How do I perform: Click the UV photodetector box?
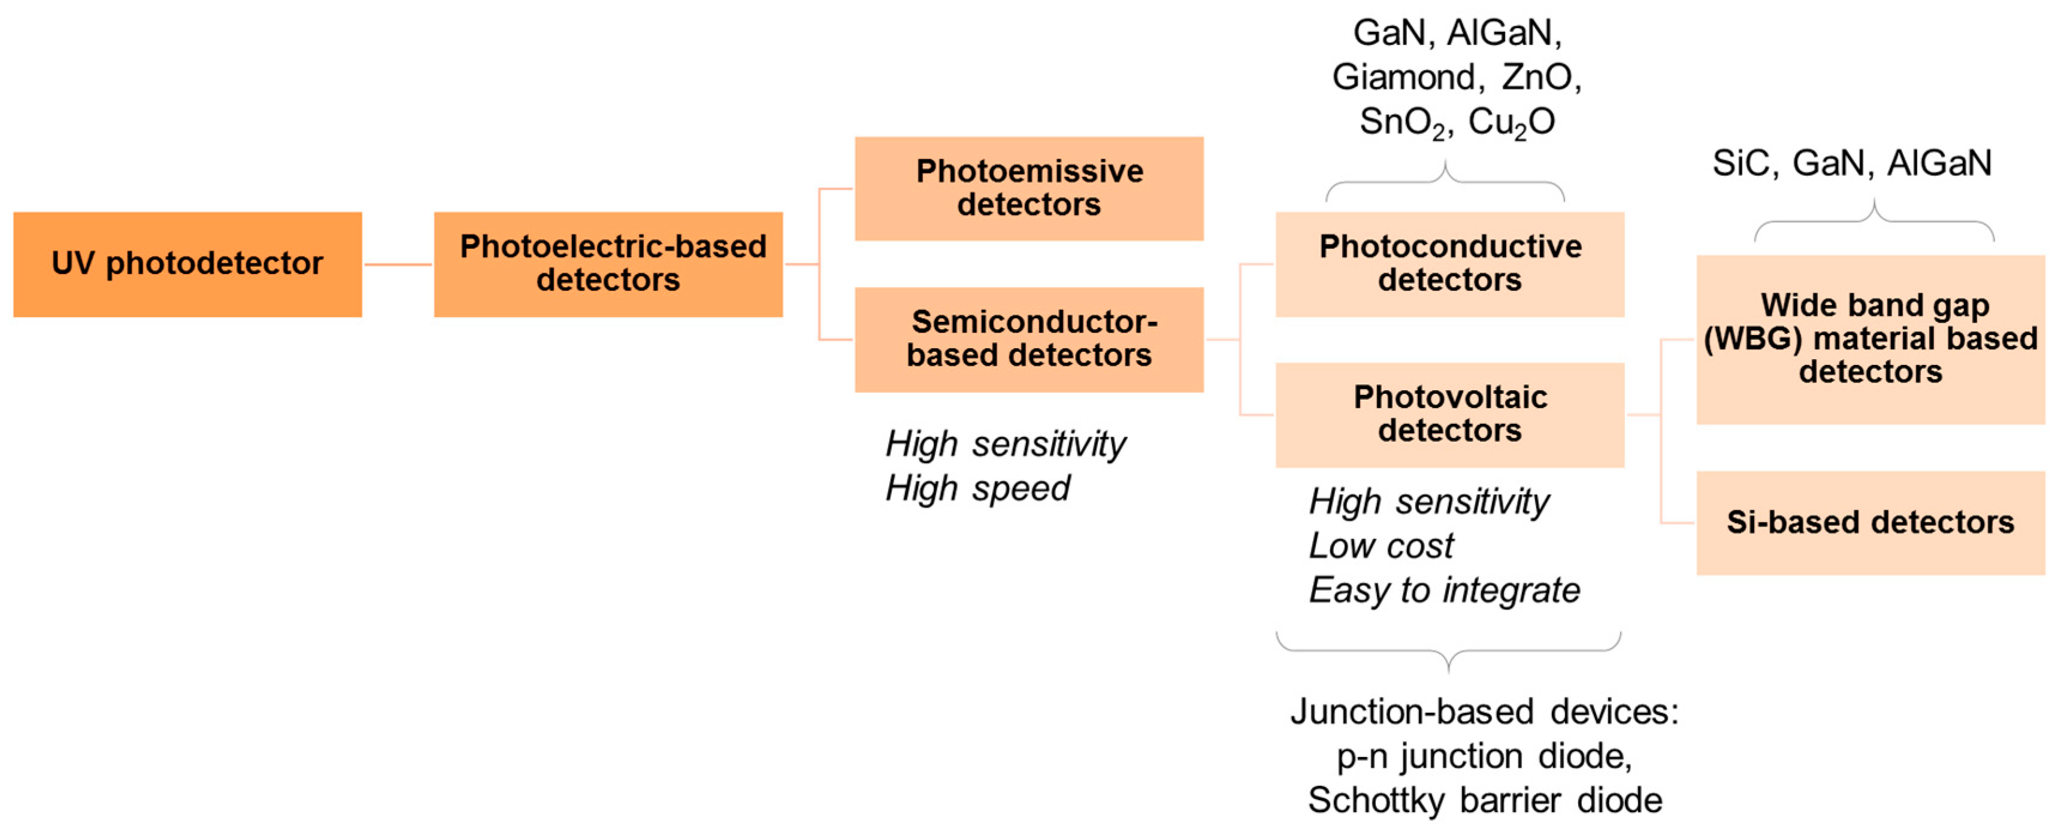coord(187,265)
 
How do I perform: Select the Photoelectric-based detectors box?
coord(608,265)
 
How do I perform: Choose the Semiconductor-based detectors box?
coord(1029,339)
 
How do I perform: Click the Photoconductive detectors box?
coord(1449,265)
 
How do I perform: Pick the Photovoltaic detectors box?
coord(1449,415)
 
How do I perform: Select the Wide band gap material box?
coord(1870,339)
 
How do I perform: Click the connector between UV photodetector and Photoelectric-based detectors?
coord(398,265)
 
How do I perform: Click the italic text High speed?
coord(977,488)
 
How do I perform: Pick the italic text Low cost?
coord(1381,546)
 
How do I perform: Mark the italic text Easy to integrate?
coord(1444,590)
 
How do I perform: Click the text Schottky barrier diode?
coord(1485,800)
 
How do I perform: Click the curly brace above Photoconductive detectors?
coord(1445,183)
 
